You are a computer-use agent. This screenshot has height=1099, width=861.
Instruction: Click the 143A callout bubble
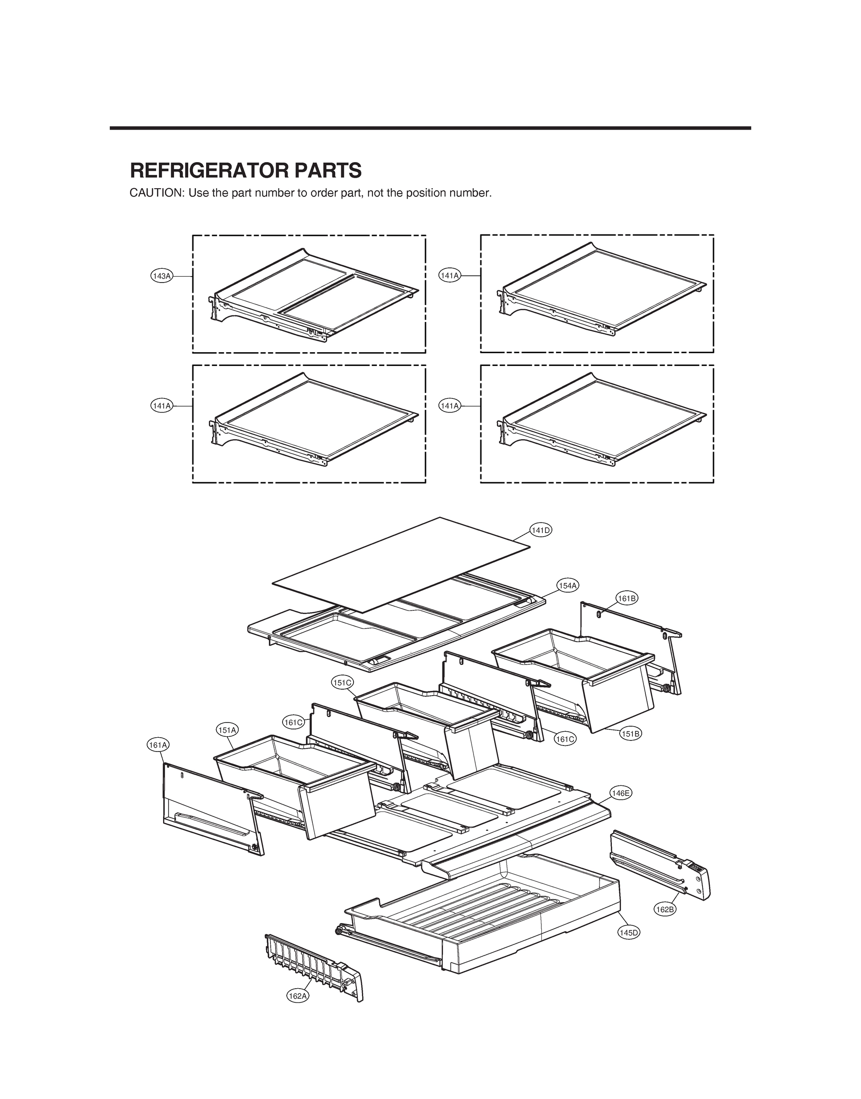162,276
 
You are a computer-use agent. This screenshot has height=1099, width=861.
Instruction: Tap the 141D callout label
541,530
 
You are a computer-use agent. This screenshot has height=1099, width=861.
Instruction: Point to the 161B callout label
627,598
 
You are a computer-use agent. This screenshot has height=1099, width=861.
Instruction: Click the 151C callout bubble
342,683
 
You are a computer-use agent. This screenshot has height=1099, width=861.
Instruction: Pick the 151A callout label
227,729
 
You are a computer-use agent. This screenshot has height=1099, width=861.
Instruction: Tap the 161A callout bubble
158,744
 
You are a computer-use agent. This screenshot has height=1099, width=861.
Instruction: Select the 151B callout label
630,734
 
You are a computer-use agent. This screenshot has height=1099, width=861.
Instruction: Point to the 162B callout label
665,909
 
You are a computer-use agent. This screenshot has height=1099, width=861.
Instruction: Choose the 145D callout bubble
629,933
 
